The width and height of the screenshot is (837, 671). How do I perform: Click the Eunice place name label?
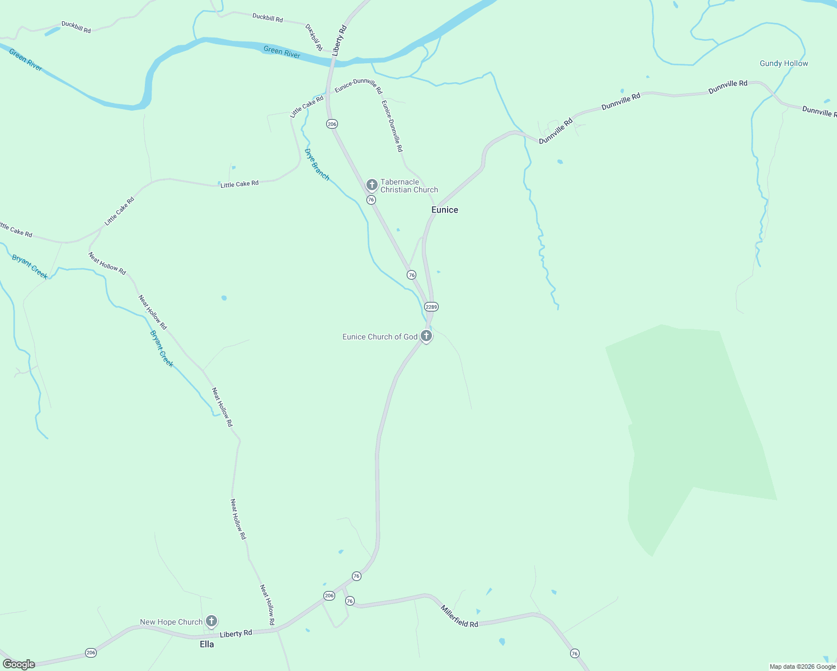click(x=445, y=210)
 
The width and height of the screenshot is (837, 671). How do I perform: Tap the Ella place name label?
click(x=207, y=644)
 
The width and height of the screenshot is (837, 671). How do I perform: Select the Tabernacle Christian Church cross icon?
click(x=372, y=185)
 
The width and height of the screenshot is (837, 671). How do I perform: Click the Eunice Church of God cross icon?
click(x=426, y=336)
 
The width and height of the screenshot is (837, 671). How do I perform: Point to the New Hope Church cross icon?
click(x=211, y=621)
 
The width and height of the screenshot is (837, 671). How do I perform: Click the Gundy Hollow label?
click(x=784, y=63)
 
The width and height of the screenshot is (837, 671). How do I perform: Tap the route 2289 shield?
click(x=431, y=307)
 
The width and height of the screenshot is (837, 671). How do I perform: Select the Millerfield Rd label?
click(x=459, y=616)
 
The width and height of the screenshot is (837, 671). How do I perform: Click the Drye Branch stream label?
click(x=317, y=164)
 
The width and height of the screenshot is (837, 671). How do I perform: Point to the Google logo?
click(x=19, y=664)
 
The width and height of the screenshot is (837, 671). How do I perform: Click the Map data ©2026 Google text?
click(x=802, y=667)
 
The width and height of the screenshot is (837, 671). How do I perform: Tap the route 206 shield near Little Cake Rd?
click(x=332, y=124)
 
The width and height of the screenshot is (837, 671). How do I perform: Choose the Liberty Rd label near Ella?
click(x=236, y=634)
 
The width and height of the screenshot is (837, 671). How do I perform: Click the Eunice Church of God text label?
click(x=380, y=337)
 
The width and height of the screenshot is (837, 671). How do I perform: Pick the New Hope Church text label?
click(x=171, y=622)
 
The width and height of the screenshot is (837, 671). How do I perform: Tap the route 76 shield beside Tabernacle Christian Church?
click(x=371, y=200)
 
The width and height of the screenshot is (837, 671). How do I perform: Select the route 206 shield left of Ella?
click(x=91, y=653)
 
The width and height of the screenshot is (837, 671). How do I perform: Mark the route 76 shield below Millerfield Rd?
click(x=575, y=653)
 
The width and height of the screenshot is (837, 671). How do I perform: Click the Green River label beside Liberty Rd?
click(x=282, y=52)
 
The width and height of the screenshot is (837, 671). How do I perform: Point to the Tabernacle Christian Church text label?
click(x=409, y=186)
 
